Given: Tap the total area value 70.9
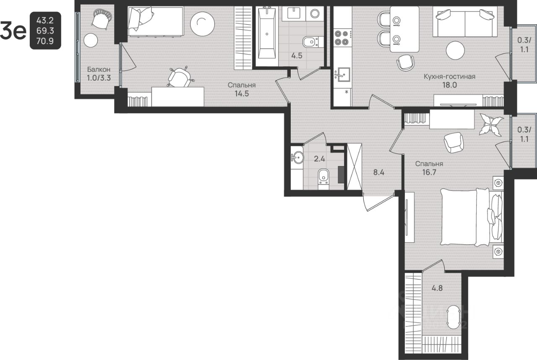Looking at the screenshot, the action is [45, 41].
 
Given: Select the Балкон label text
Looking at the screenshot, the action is [99, 70].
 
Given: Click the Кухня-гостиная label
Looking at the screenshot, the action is [449, 77].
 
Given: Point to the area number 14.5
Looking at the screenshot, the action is [242, 94].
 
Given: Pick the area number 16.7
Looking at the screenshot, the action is [429, 172].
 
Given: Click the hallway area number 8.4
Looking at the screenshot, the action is [379, 172].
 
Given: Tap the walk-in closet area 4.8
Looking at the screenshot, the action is [437, 288].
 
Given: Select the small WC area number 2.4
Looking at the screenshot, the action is [319, 159].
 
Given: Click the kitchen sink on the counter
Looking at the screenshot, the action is [342, 75].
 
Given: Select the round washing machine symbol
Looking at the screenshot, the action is [315, 13].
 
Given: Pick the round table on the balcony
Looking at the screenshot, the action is [91, 40].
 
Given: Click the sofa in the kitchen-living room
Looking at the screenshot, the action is [464, 22].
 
